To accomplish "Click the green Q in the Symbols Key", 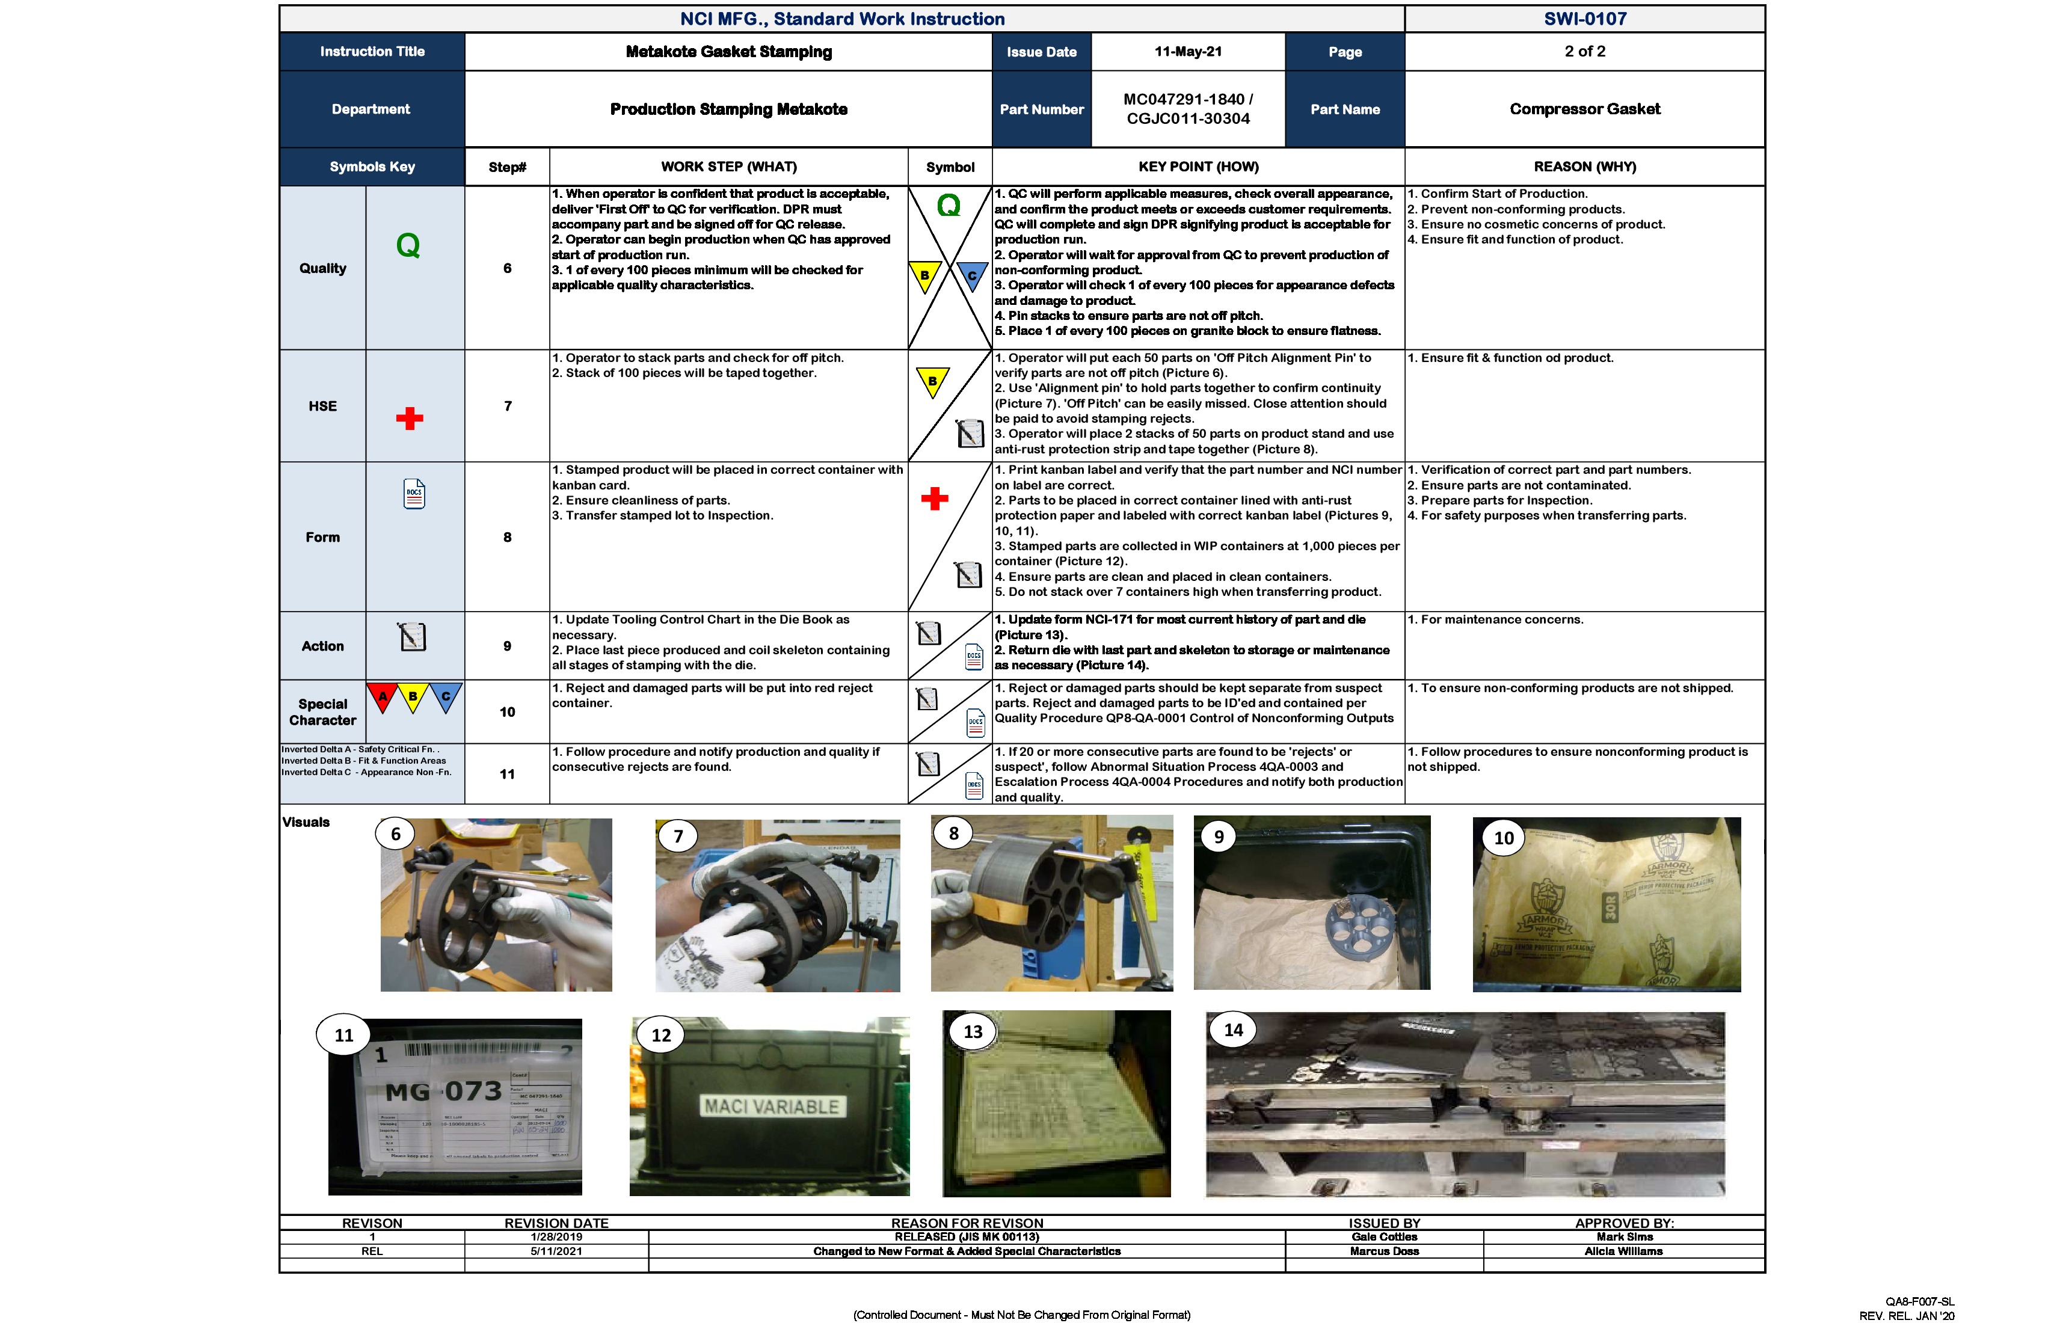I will click(408, 247).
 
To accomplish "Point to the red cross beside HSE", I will click(409, 419).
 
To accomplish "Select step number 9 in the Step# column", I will click(507, 646).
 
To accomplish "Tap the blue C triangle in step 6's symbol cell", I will click(972, 276).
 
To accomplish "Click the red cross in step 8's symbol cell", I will click(934, 499).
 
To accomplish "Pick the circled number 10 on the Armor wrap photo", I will click(1503, 838).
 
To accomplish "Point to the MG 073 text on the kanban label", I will click(443, 1091).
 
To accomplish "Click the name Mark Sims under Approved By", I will click(1624, 1237).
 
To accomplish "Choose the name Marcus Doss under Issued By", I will click(1383, 1251).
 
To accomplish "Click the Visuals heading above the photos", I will click(306, 822).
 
